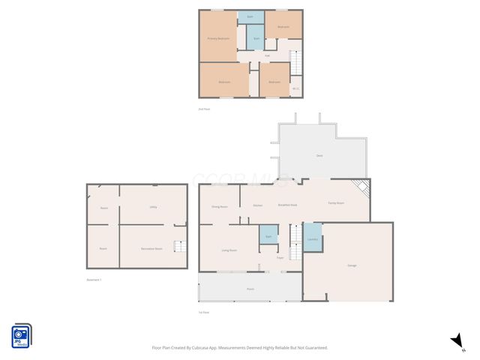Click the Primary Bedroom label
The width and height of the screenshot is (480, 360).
218,38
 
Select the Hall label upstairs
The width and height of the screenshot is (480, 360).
268,55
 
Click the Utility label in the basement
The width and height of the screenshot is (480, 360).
152,206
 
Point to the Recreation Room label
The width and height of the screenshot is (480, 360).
152,248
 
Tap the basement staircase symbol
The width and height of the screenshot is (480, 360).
178,247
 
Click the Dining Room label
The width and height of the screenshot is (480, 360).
219,205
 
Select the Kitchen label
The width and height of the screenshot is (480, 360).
257,205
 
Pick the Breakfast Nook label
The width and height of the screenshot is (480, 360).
287,205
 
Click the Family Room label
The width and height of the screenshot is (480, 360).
335,203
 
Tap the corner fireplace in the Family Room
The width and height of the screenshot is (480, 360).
362,187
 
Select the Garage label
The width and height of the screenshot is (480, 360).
352,265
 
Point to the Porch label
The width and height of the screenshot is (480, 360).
250,288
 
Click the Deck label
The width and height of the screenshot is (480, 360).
319,155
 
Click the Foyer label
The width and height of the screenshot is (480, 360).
280,257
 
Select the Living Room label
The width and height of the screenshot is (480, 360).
229,250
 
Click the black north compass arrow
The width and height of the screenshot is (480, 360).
456,341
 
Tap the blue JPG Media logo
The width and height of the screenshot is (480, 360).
21,335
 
